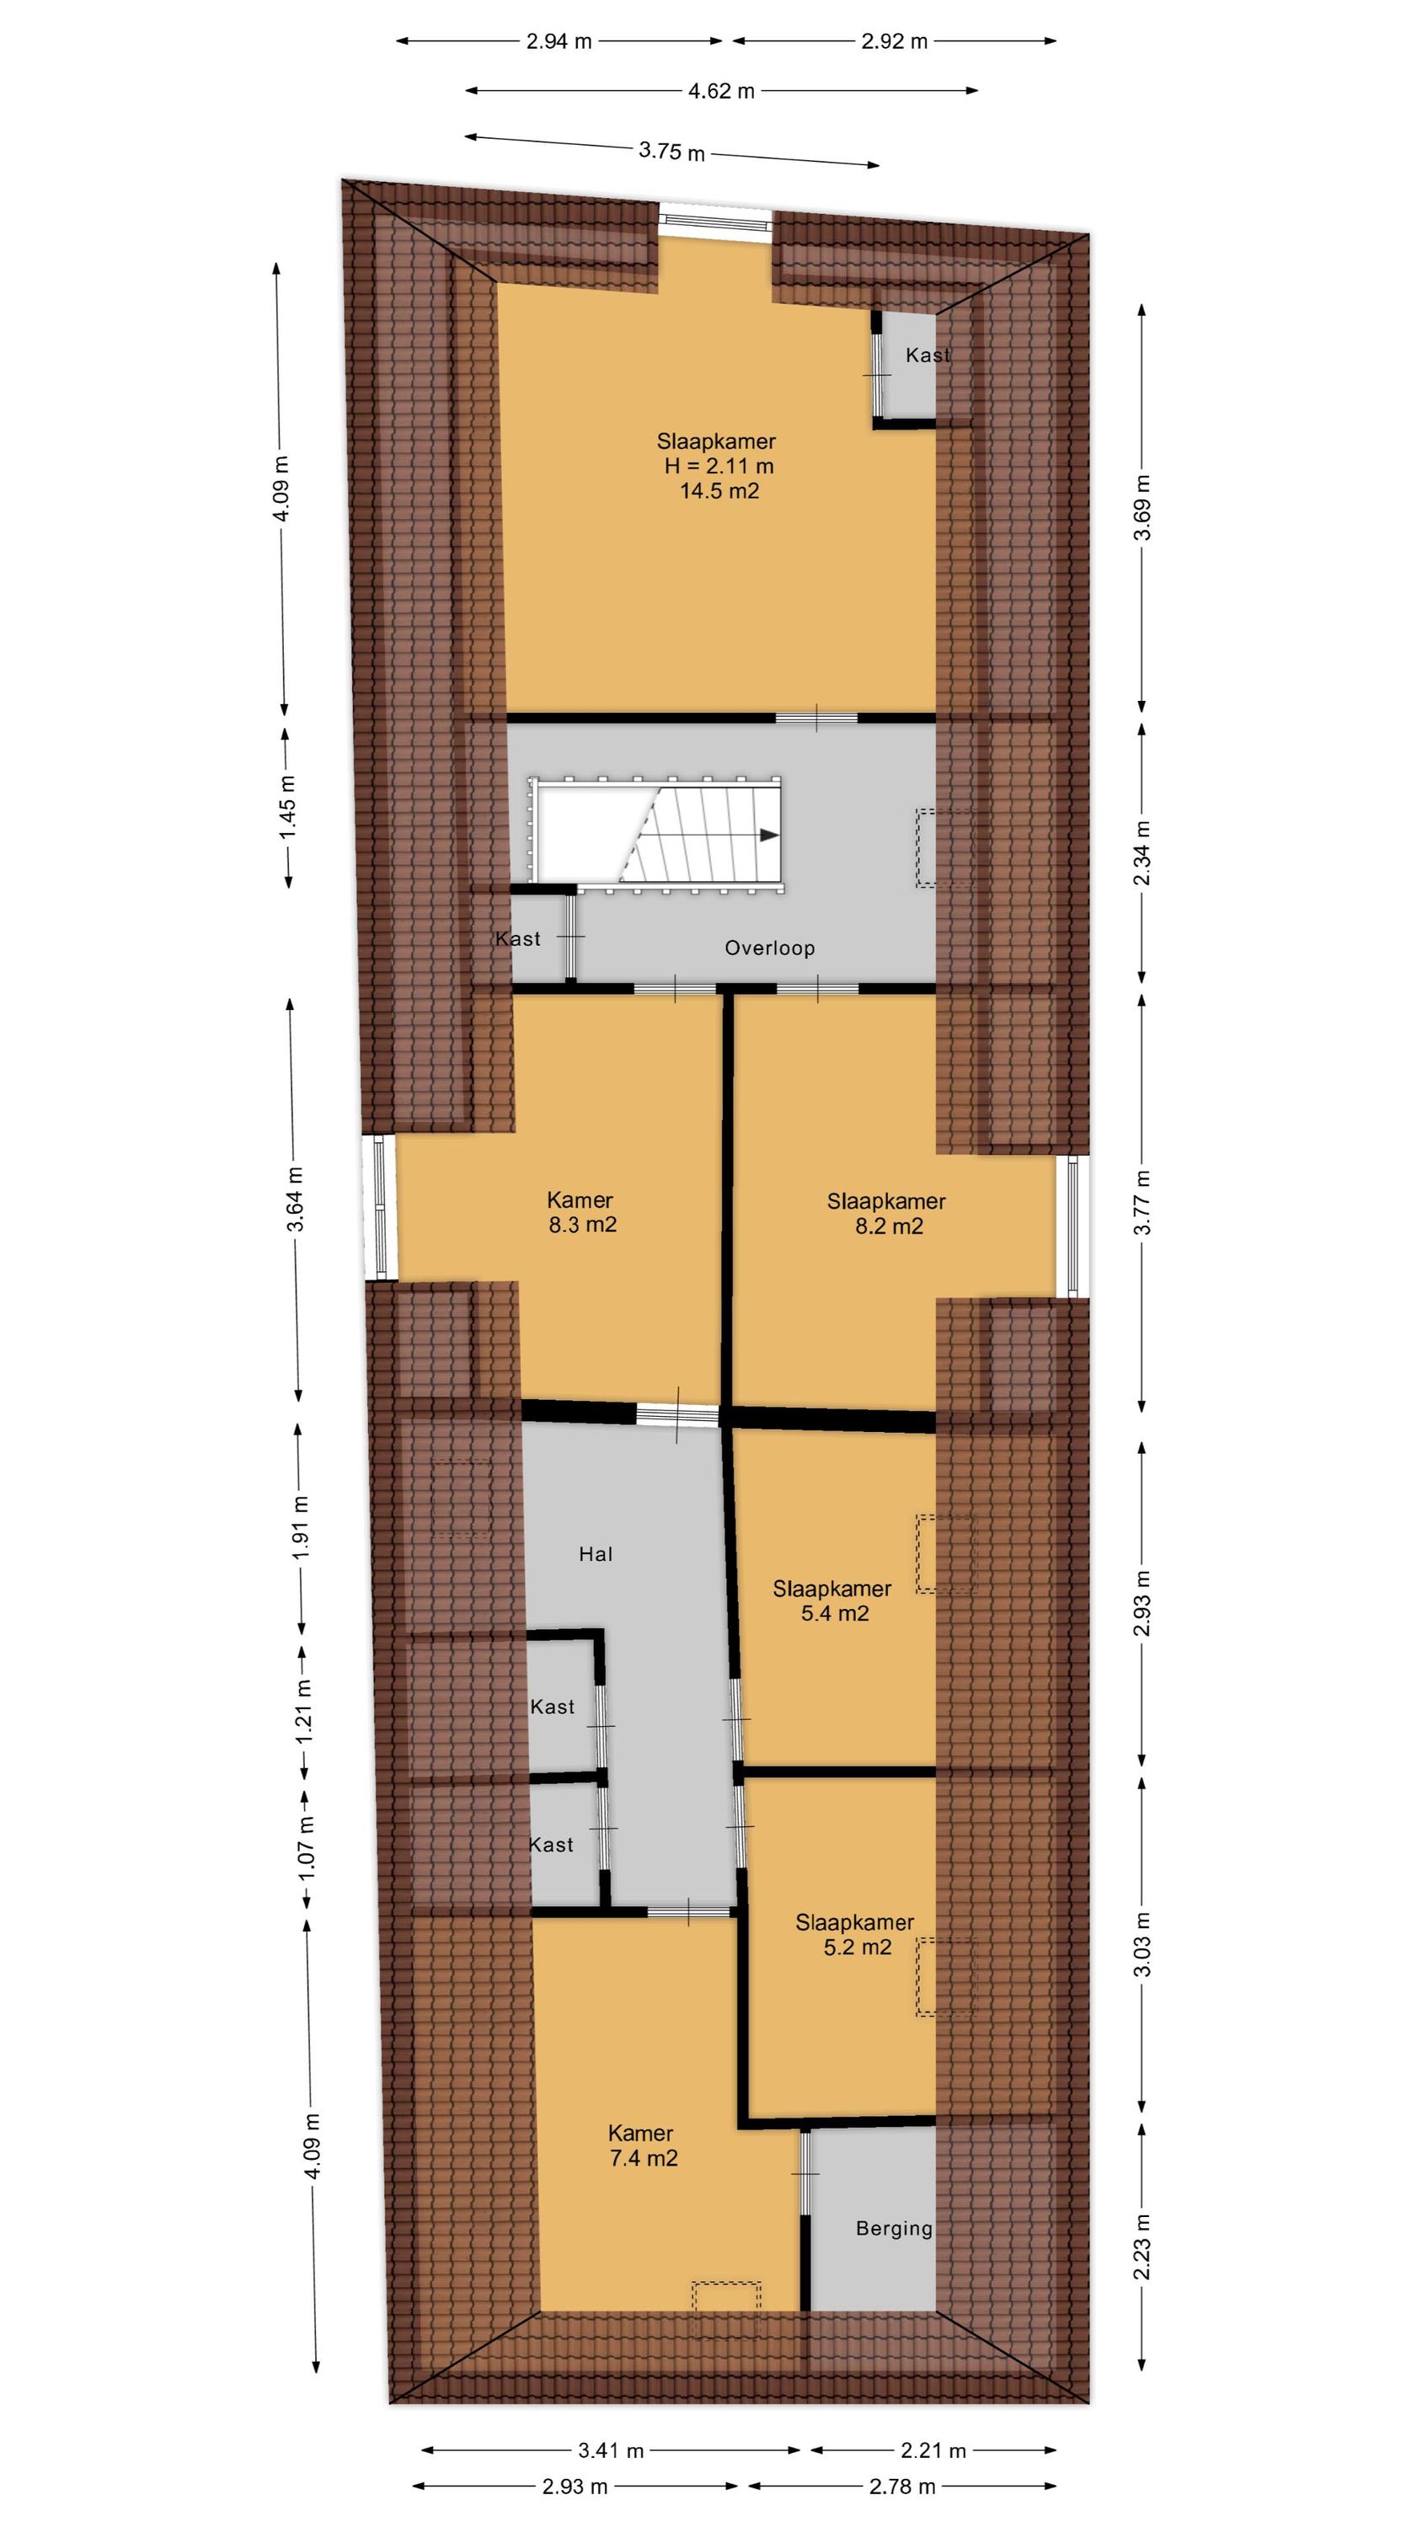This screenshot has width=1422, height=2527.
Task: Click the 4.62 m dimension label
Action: click(x=721, y=91)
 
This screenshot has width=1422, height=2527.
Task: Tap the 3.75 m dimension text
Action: click(x=672, y=151)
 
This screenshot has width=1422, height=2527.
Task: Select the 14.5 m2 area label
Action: click(x=719, y=491)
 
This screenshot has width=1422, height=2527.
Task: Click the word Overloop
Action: click(x=769, y=948)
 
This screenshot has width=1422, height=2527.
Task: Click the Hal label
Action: click(x=596, y=1554)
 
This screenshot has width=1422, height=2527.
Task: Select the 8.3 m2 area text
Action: click(x=583, y=1224)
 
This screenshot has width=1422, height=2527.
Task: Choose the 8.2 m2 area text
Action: click(x=889, y=1226)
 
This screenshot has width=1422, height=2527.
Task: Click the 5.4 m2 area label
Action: click(x=835, y=1614)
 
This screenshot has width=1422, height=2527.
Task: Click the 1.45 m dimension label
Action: click(x=287, y=807)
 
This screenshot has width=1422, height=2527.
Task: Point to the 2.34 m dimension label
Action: click(x=1142, y=852)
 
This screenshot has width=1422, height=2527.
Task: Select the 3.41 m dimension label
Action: click(x=611, y=2450)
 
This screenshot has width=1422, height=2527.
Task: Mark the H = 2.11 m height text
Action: click(x=719, y=466)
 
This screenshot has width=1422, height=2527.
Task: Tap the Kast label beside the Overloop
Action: click(x=518, y=939)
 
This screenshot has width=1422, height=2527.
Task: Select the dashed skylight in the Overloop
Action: click(x=945, y=848)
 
